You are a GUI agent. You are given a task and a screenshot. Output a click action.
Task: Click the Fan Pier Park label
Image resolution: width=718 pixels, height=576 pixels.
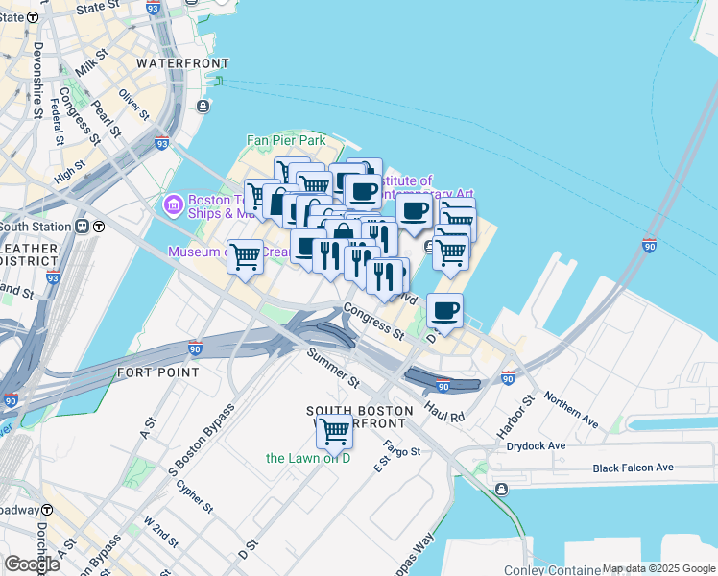pos(286,140)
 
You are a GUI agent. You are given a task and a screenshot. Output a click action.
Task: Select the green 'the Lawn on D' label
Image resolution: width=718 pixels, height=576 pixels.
pos(308,458)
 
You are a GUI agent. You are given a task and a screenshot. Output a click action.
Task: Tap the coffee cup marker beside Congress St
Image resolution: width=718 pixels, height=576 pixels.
pos(444,310)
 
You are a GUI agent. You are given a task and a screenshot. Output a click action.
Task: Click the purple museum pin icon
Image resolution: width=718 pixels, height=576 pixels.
pos(174,204)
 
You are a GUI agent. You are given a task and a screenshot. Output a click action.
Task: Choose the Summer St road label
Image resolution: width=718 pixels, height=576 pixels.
pos(332,368)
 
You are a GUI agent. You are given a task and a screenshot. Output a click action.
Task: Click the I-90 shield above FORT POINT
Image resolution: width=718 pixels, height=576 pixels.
pos(195,347)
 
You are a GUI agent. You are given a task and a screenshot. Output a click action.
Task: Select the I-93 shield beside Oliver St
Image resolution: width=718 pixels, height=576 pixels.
pos(160,144)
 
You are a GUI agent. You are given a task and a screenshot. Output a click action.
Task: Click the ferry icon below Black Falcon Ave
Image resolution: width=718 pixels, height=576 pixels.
pos(501,490)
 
